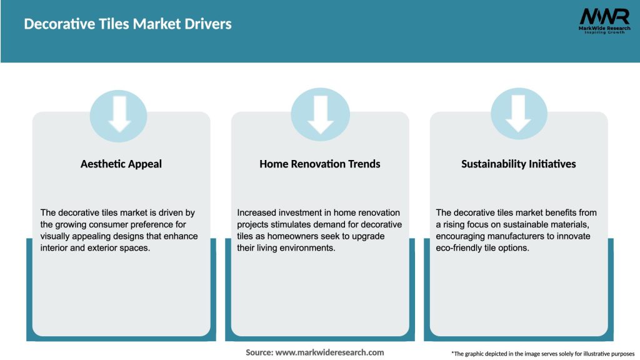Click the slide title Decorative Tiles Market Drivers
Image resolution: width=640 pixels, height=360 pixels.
click(127, 24)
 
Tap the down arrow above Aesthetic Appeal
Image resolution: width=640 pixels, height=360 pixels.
click(119, 114)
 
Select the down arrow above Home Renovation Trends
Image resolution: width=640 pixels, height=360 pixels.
click(320, 114)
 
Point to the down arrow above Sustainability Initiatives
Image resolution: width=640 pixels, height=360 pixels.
click(518, 114)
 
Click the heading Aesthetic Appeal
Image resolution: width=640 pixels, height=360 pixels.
click(121, 164)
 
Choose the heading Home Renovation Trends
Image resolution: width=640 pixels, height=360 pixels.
click(320, 164)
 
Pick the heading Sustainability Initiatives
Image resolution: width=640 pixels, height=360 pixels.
click(519, 164)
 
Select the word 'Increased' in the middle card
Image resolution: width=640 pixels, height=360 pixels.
click(259, 213)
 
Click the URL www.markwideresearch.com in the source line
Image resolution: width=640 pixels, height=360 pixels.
click(329, 352)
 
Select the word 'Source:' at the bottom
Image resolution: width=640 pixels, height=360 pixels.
click(259, 352)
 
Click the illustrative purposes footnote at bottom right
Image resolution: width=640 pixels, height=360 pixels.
click(542, 354)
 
